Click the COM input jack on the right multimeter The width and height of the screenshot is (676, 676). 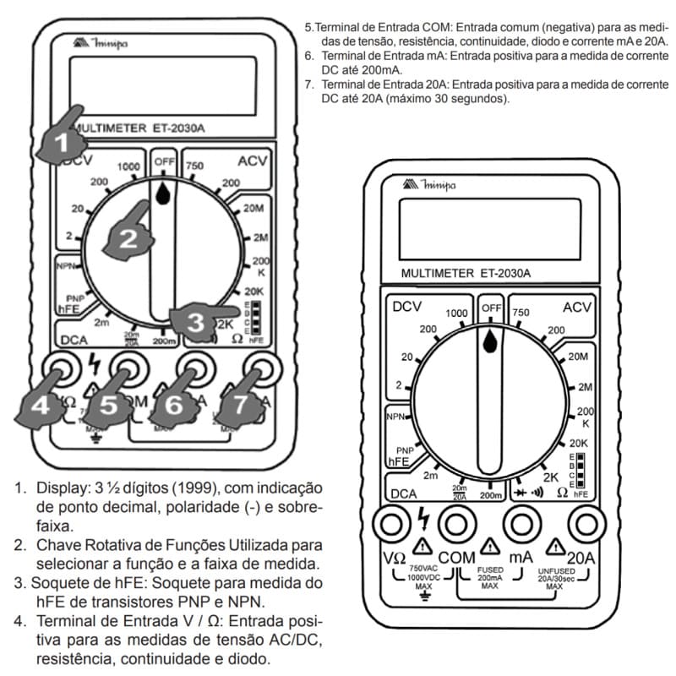point(456,525)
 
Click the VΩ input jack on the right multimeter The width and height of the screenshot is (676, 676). point(393,525)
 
